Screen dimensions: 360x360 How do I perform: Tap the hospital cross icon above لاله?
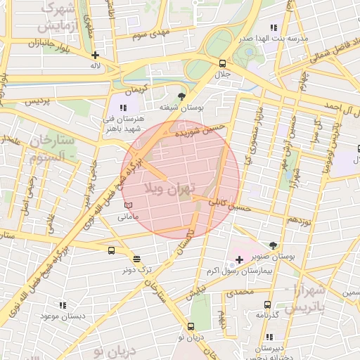[x=95, y=54]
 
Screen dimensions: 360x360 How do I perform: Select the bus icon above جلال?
[x=223, y=63]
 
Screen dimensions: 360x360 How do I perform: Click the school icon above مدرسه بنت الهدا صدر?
[x=246, y=26]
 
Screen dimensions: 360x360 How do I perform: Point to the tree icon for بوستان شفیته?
[x=182, y=96]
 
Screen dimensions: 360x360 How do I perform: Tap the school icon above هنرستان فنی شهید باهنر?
[x=123, y=108]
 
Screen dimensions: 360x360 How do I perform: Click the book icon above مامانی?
[x=127, y=205]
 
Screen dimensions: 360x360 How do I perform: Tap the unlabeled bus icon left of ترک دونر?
[x=111, y=250]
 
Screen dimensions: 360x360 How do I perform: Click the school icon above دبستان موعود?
[x=63, y=306]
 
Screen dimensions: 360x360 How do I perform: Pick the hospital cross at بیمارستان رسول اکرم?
[x=239, y=260]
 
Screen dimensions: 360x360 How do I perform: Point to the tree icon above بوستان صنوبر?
[x=273, y=245]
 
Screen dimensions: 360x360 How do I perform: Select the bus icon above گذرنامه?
[x=266, y=304]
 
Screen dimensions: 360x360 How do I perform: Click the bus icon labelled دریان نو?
[x=191, y=326]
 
